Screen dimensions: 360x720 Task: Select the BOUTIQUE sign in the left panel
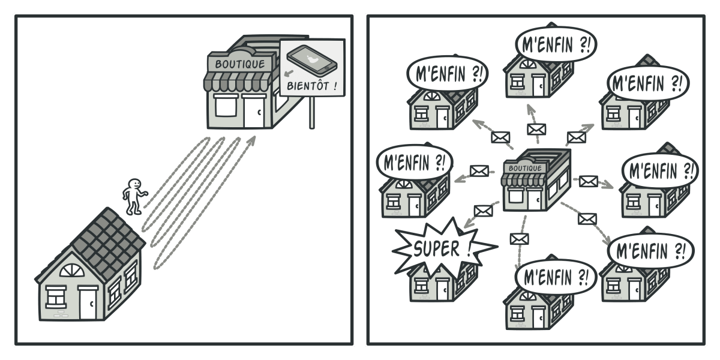tap(239, 63)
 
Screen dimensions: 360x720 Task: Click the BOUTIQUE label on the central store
tap(524, 168)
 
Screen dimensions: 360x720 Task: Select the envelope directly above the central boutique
tap(535, 129)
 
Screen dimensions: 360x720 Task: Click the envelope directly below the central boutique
tap(518, 239)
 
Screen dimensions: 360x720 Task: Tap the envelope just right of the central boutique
tap(588, 181)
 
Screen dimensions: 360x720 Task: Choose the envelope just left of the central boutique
tap(478, 171)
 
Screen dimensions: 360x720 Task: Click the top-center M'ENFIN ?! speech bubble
tap(556, 44)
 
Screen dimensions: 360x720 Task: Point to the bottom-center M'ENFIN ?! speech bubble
tap(556, 277)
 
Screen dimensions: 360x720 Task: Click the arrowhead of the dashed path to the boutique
tap(252, 140)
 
